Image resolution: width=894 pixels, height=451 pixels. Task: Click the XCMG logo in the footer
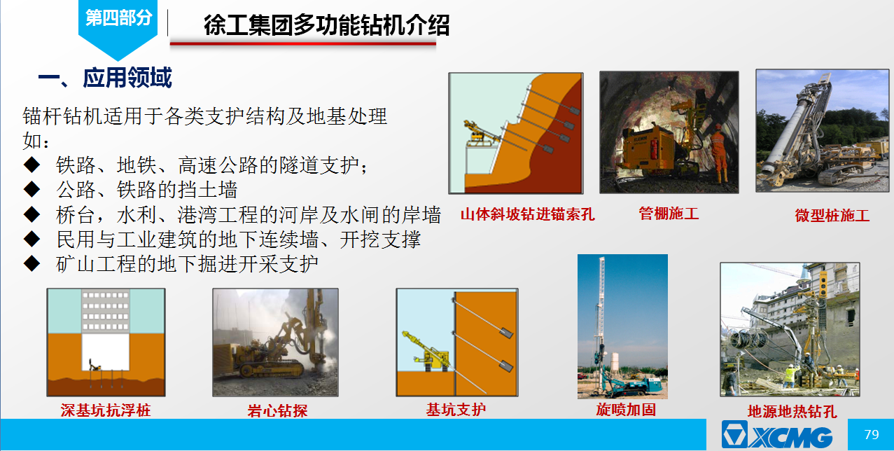point(777,434)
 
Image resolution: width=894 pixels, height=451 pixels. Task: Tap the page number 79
point(872,434)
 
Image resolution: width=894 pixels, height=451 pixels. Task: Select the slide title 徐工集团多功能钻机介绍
point(326,25)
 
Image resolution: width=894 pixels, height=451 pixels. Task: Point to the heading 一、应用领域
point(105,78)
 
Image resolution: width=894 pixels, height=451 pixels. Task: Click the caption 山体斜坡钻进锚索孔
point(528,214)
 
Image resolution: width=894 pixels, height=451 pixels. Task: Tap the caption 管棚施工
point(669,214)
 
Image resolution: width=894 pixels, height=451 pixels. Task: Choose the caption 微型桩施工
point(832,216)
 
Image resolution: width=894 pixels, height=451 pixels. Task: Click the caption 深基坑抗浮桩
point(106,410)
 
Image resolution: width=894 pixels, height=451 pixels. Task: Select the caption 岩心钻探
point(277,410)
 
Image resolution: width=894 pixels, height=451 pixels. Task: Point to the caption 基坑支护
point(456,410)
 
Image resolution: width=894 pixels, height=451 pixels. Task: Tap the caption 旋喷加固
point(626,410)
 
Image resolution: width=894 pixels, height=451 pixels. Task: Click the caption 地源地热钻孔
point(792,412)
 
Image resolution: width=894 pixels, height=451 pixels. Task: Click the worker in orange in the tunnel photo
point(719,153)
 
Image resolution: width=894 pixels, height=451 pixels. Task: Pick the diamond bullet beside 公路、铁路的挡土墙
point(32,189)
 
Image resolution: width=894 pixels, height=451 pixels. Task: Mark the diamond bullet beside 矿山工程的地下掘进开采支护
point(32,263)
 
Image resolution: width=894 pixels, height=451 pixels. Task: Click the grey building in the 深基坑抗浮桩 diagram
point(106,312)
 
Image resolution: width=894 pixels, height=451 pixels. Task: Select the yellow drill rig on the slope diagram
point(480,133)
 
